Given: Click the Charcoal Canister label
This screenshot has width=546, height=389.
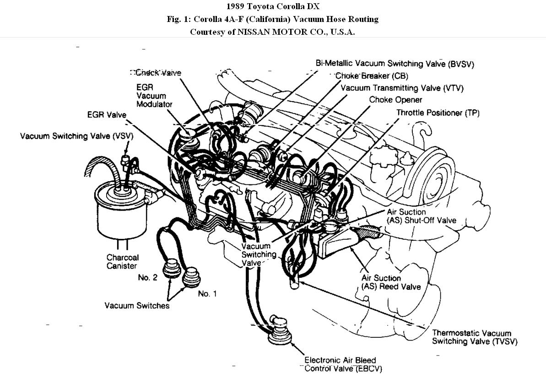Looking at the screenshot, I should pyautogui.click(x=123, y=261).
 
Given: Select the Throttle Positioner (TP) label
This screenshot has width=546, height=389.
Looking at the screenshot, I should pyautogui.click(x=438, y=113).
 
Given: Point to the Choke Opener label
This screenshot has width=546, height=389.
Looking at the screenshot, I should pyautogui.click(x=396, y=100).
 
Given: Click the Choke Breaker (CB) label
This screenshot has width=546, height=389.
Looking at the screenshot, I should pyautogui.click(x=371, y=76).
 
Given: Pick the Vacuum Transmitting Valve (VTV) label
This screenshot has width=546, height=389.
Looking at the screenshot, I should pyautogui.click(x=402, y=88).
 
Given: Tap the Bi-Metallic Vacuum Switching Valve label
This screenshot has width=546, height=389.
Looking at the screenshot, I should pyautogui.click(x=395, y=64).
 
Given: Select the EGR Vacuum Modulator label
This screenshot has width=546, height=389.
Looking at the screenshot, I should pyautogui.click(x=154, y=95).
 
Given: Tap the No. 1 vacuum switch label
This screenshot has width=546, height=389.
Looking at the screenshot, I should pyautogui.click(x=207, y=294).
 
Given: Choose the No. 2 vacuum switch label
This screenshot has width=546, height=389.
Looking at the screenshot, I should pyautogui.click(x=147, y=277).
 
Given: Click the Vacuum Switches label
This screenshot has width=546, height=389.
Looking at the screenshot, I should pyautogui.click(x=137, y=305).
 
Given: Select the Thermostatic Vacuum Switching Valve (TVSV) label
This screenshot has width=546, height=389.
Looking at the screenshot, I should pyautogui.click(x=475, y=337).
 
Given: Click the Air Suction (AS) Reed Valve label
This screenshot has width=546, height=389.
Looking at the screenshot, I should pyautogui.click(x=391, y=282).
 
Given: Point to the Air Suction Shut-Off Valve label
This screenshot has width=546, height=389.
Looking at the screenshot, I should pyautogui.click(x=422, y=216).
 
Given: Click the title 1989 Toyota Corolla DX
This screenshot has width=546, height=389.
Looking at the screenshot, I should pyautogui.click(x=273, y=6).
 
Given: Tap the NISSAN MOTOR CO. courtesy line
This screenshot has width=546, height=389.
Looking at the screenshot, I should pyautogui.click(x=273, y=32).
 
